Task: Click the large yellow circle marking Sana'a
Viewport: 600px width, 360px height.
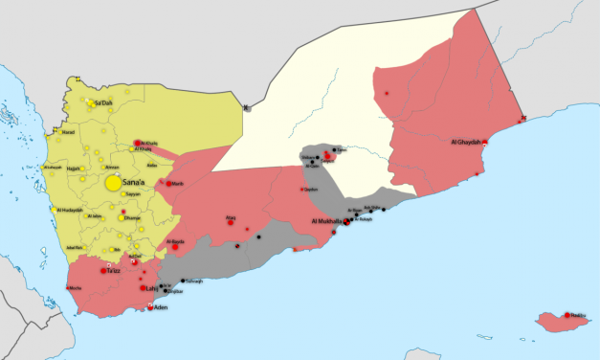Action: [x=114, y=182]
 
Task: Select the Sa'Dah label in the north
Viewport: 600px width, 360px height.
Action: [x=103, y=101]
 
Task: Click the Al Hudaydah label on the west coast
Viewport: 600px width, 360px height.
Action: [x=70, y=210]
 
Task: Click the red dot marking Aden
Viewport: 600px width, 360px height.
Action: [x=150, y=307]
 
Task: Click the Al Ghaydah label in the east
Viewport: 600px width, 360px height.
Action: [x=465, y=143]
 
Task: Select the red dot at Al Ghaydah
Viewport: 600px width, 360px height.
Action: [x=485, y=143]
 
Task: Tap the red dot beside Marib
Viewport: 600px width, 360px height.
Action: [x=169, y=183]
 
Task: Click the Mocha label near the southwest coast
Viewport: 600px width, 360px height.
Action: [x=74, y=288]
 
